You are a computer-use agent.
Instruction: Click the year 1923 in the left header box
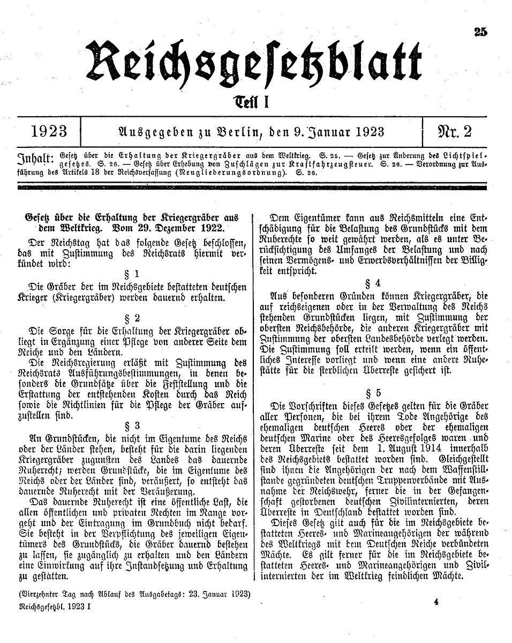pyautogui.click(x=49, y=132)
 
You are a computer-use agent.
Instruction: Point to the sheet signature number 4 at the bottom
pyautogui.click(x=436, y=602)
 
